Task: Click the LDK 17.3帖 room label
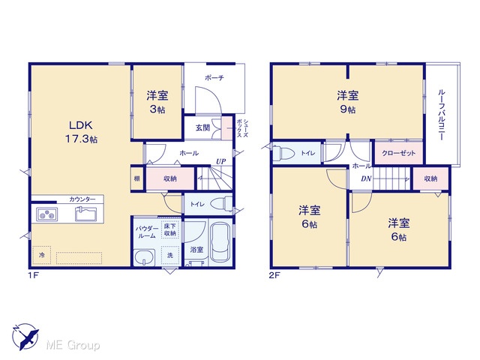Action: click(81, 132)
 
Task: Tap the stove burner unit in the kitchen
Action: click(47, 214)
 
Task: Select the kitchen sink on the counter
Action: click(86, 214)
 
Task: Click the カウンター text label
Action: click(82, 199)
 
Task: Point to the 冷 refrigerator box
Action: click(42, 255)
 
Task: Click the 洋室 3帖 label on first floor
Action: click(157, 102)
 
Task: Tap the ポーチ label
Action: click(214, 78)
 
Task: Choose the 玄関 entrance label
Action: click(202, 127)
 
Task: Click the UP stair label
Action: click(221, 161)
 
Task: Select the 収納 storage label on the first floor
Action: click(170, 178)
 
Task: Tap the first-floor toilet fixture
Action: click(222, 204)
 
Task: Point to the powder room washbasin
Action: click(144, 256)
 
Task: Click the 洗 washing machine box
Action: click(170, 255)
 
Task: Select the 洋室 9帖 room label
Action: click(348, 102)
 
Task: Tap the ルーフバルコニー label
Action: click(442, 115)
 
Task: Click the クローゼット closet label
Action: click(399, 153)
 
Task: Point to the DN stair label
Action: click(366, 178)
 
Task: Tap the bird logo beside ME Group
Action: click(25, 336)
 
